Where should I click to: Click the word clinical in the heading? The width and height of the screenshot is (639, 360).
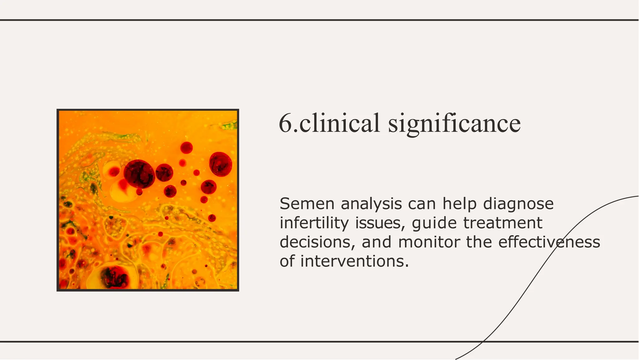pos(339,123)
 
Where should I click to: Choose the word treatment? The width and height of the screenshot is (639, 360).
pos(503,223)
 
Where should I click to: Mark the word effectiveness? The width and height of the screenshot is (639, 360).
pos(549,242)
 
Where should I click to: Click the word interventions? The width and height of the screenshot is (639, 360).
pos(354,261)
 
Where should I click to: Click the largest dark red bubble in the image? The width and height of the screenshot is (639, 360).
pos(139,174)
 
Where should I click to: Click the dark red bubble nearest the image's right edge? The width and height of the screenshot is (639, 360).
pos(221,164)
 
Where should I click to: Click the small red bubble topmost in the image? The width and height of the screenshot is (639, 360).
pos(186,147)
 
